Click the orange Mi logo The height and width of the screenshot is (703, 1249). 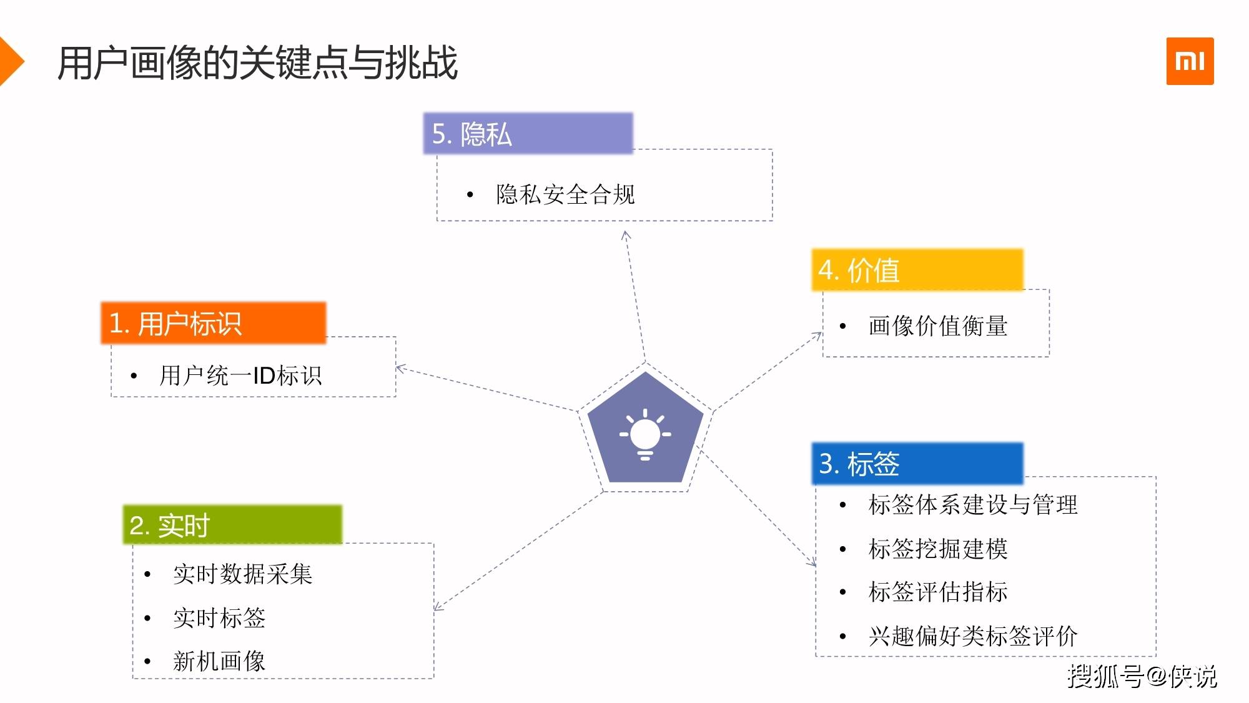coord(1190,61)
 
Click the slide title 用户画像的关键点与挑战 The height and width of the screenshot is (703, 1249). coord(258,63)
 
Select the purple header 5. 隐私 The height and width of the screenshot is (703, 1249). coord(528,134)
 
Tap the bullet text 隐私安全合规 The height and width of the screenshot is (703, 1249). coord(565,194)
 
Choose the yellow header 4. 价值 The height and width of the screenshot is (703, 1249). coord(917,270)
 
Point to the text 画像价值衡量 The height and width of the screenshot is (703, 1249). coord(937,326)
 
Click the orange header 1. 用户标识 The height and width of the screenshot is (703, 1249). coord(214,323)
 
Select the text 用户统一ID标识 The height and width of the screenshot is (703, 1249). coord(240,376)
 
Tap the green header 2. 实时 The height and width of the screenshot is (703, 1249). coord(232,525)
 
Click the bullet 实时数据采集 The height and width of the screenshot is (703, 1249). coord(242,574)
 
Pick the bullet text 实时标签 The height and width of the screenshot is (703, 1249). coord(219,617)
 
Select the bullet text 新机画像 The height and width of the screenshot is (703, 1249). coord(219,661)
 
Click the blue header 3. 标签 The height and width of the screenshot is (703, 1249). coord(917,464)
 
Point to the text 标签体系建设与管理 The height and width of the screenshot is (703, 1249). coord(973,504)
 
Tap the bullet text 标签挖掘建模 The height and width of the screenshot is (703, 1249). coord(937,549)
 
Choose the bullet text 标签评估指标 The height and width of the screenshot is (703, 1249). coord(937,591)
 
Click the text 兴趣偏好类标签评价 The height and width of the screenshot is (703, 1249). coord(973,636)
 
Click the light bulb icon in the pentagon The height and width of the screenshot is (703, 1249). coord(645,434)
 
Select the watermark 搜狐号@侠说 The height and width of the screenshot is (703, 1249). coord(1142,676)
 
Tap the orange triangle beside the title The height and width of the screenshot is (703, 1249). coord(11,61)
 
